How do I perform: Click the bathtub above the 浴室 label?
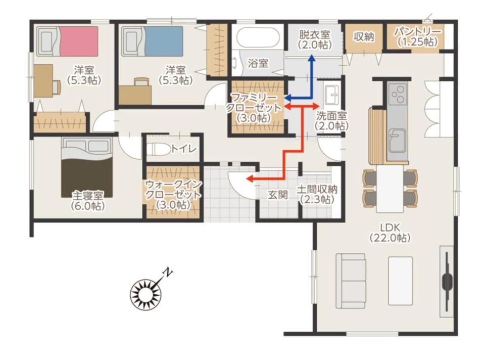[259, 38]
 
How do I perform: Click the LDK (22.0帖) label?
[390, 233]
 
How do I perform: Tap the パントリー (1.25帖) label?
[417, 37]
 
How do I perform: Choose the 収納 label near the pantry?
[364, 37]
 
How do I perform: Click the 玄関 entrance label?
[278, 195]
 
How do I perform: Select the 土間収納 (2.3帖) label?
[317, 194]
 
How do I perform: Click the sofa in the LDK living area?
[351, 280]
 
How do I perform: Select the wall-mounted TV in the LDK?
[447, 281]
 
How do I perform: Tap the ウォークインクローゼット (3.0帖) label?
[173, 195]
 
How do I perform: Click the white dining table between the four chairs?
[390, 189]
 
